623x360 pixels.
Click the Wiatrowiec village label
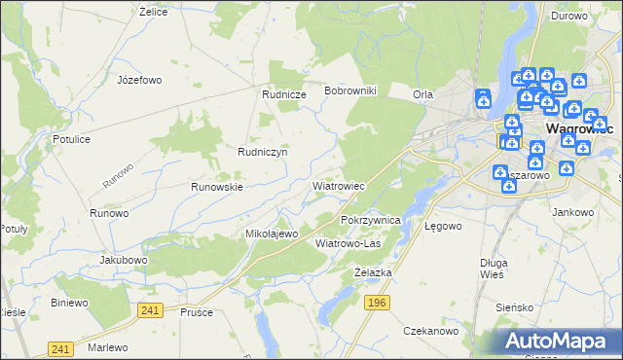coord(338,185)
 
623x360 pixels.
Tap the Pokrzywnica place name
coord(371,221)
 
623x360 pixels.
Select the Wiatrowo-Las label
coord(348,243)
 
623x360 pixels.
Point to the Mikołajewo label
coord(271,234)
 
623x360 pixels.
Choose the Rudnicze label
coord(284,94)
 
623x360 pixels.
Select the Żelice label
coord(154,12)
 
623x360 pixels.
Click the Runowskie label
coord(216,186)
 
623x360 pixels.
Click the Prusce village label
coord(197,312)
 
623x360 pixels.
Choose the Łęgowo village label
coord(443,226)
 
